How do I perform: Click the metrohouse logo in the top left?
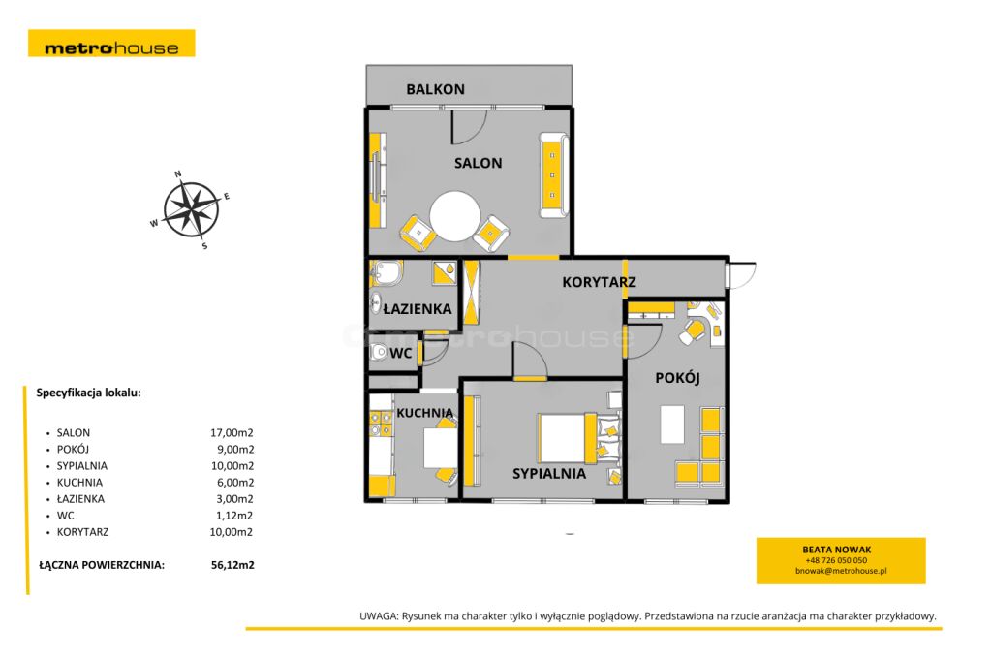111,43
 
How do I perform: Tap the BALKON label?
435,89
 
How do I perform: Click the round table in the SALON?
455,216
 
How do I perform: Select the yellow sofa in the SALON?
553,174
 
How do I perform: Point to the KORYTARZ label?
599,282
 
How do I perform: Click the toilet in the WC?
379,352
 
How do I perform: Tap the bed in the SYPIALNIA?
578,437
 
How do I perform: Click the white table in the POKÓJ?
672,425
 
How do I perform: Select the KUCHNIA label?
425,413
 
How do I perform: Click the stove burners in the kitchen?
380,424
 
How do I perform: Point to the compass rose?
191,209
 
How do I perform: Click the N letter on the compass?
178,173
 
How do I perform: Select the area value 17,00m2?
232,432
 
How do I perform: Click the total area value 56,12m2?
232,565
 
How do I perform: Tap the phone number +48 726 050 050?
836,560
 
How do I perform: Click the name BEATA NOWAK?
836,550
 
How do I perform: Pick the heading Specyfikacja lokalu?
88,393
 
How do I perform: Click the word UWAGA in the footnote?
379,616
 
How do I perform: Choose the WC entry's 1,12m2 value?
234,516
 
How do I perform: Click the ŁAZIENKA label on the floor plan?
418,309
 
